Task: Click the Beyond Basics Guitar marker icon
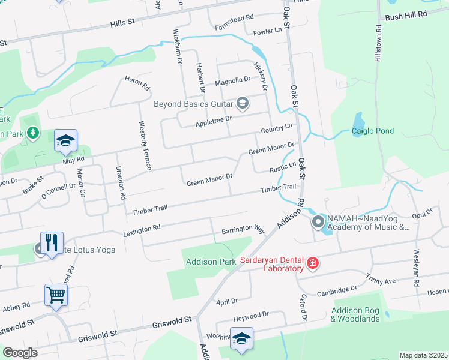(x=243, y=104)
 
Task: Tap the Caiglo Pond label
(x=371, y=130)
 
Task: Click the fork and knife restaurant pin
(x=52, y=243)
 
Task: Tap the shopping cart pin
(x=56, y=294)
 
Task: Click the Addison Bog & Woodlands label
(x=355, y=315)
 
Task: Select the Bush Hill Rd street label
(x=406, y=13)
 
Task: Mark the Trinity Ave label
(x=381, y=279)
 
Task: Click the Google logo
(x=20, y=353)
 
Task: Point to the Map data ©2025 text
(x=423, y=355)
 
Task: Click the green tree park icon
(x=33, y=132)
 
